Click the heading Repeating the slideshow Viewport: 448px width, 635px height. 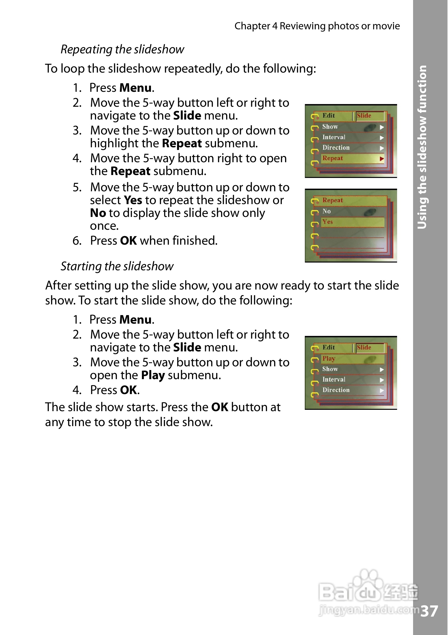122,50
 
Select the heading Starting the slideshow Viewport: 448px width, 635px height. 117,266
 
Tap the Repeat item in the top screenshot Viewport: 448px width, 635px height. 333,158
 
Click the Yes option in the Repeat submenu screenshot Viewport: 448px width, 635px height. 327,222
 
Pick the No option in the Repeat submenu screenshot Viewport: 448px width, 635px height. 326,211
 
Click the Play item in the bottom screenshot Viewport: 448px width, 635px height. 329,359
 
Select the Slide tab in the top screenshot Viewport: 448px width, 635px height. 364,116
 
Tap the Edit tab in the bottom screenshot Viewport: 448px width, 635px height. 328,348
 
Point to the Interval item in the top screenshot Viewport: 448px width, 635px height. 334,137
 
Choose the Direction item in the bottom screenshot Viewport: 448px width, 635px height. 336,390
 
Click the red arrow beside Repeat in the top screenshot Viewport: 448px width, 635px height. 382,159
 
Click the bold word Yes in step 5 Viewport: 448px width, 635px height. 133,200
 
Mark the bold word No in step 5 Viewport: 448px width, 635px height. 98,213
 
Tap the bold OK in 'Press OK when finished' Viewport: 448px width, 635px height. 128,241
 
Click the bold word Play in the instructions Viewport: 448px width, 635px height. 153,375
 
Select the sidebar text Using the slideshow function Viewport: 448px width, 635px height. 422,147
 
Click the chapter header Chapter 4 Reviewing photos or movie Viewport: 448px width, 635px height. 317,26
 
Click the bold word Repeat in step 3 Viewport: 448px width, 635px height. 182,144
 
